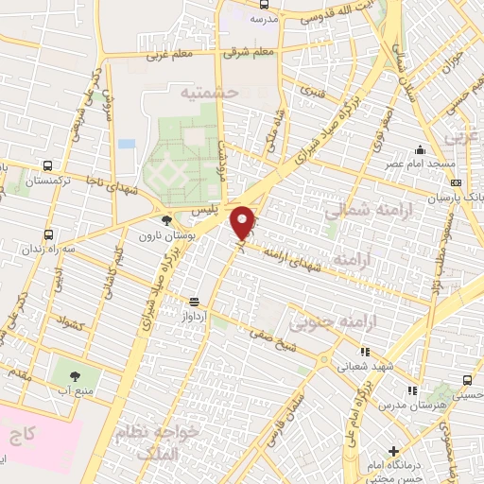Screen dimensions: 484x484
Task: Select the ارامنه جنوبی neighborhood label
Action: point(326,323)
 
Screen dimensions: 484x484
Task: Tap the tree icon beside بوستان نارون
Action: point(166,220)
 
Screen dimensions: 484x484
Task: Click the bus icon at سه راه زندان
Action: point(49,235)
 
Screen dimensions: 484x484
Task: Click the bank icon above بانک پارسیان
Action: point(457,183)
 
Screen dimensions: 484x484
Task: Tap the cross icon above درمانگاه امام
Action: point(394,450)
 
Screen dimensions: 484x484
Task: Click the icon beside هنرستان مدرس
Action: point(411,389)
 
